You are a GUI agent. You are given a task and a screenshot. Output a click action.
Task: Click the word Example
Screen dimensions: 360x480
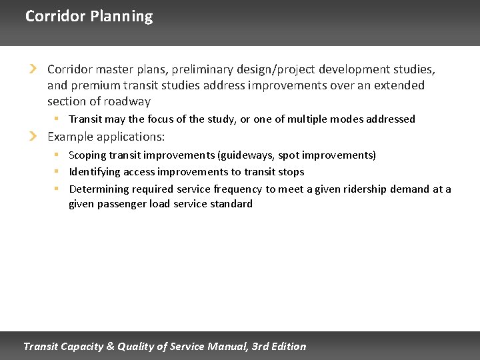pyautogui.click(x=71, y=137)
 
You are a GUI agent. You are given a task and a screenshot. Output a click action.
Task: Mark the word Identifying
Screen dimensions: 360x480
pyautogui.click(x=95, y=172)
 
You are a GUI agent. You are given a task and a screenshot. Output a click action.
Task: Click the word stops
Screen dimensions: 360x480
pyautogui.click(x=291, y=172)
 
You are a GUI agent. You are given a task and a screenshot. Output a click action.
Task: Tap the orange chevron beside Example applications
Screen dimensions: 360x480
pyautogui.click(x=33, y=137)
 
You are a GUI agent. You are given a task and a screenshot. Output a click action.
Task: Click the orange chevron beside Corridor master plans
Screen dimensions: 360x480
pyautogui.click(x=33, y=69)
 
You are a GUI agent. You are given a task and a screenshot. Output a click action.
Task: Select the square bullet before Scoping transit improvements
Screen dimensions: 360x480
pyautogui.click(x=57, y=155)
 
